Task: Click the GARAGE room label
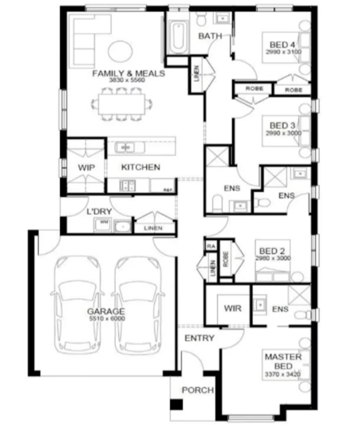[x=106, y=311]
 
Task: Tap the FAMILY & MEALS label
[x=128, y=73]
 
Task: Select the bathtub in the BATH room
[x=177, y=37]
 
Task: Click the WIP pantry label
[x=86, y=167]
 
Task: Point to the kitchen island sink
[x=125, y=147]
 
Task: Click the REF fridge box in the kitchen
[x=167, y=190]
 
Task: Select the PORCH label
[x=197, y=390]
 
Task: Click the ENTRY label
[x=199, y=338]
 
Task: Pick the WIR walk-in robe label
[x=233, y=308]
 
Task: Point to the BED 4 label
[x=283, y=45]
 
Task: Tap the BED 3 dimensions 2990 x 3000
[x=283, y=133]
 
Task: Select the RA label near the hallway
[x=211, y=246]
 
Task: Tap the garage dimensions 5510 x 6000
[x=106, y=319]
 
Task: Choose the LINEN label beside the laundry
[x=153, y=228]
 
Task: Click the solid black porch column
[x=176, y=405]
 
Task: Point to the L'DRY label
[x=99, y=212]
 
